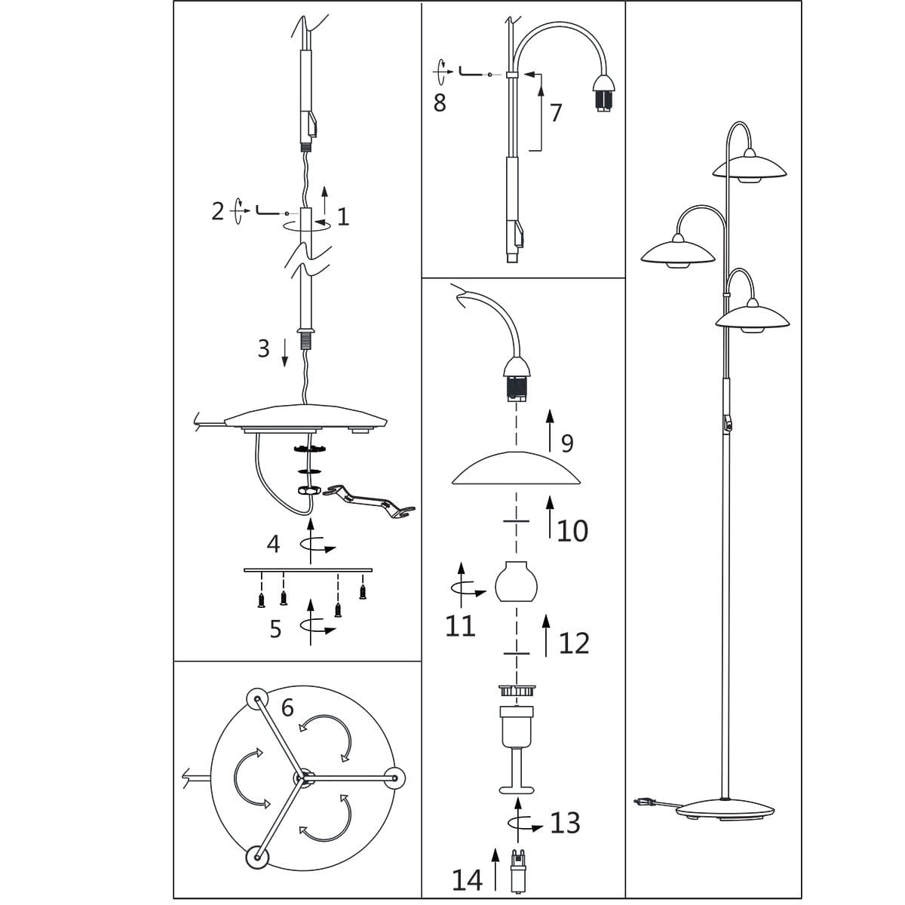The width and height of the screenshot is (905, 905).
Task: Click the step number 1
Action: tap(343, 216)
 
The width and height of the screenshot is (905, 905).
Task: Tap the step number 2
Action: tap(218, 211)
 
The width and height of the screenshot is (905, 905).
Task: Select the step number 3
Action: tap(264, 348)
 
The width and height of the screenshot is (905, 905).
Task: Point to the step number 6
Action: tap(287, 707)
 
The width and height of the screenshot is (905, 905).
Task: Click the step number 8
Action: tap(440, 103)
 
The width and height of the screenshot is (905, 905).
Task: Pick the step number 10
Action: tap(572, 532)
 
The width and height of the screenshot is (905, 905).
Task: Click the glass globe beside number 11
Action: tap(516, 581)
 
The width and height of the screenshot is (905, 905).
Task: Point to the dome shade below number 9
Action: tap(516, 468)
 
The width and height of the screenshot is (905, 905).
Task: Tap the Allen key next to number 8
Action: tap(470, 72)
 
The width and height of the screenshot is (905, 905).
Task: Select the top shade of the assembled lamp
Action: tap(749, 167)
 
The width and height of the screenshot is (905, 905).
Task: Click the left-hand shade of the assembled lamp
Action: tap(678, 252)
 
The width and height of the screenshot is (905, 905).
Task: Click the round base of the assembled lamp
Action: tap(725, 809)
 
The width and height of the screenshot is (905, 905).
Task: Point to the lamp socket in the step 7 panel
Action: tap(603, 92)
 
